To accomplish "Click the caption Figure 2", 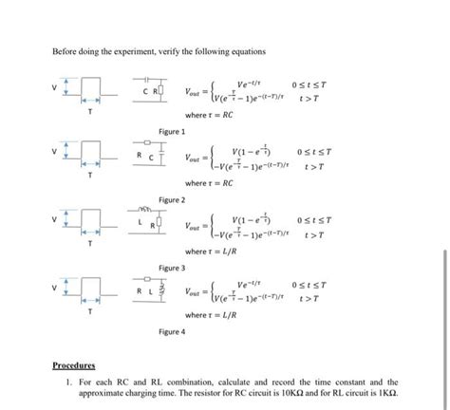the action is pyautogui.click(x=172, y=200).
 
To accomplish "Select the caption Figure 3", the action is pyautogui.click(x=172, y=269).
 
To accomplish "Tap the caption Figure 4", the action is pyautogui.click(x=172, y=332).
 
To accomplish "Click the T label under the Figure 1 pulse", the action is pyautogui.click(x=90, y=110).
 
